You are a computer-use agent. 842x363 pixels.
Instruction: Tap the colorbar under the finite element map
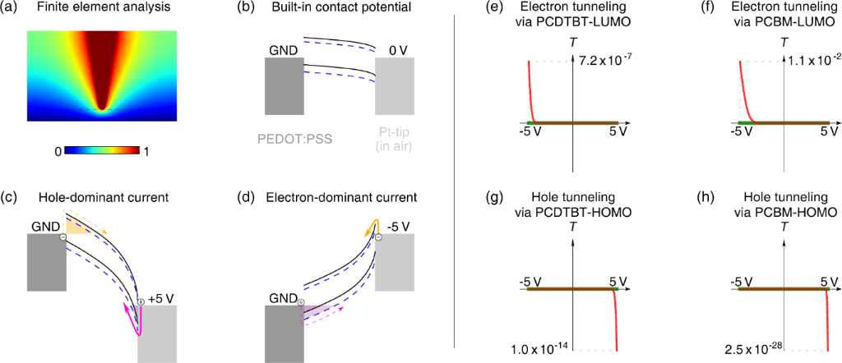(x=103, y=151)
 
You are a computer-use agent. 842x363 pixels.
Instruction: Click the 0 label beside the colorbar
(x=58, y=152)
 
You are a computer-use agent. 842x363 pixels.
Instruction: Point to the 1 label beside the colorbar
(x=148, y=152)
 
